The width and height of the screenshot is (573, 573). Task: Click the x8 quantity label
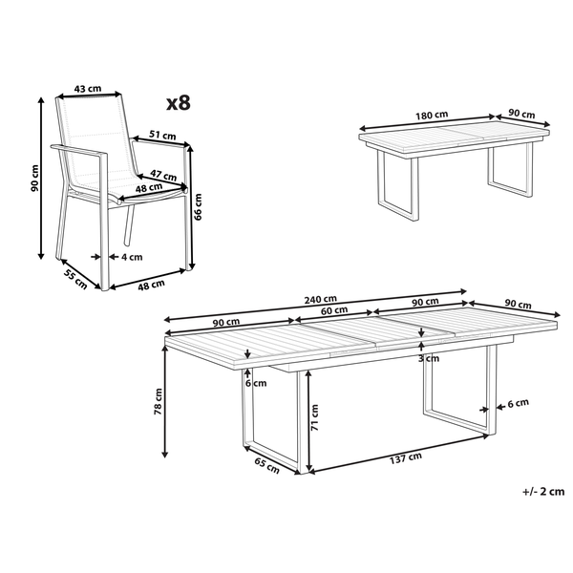(179, 103)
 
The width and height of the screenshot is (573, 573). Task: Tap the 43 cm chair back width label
(88, 89)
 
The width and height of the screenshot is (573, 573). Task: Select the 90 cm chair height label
(34, 178)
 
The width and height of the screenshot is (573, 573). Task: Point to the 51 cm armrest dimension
(162, 135)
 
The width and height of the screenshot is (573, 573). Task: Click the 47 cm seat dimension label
(163, 175)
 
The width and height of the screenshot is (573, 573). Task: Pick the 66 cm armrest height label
(198, 206)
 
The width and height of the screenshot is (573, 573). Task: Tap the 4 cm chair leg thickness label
(132, 257)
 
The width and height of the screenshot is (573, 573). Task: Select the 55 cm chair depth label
(75, 279)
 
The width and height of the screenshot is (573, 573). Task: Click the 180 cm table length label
(432, 116)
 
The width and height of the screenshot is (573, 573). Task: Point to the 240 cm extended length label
(321, 300)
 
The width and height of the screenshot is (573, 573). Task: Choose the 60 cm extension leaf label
(334, 310)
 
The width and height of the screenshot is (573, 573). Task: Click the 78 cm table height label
(158, 401)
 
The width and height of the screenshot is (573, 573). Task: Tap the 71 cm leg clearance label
(314, 417)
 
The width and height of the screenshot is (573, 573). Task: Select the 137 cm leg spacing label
(406, 457)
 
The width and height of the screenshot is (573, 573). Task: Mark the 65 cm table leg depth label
(267, 466)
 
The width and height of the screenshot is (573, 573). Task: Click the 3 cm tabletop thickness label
(429, 358)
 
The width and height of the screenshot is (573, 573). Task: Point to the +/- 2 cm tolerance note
(543, 492)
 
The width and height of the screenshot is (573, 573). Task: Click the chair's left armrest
(79, 151)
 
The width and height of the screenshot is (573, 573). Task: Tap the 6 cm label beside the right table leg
(519, 403)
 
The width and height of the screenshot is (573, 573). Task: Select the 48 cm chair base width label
(151, 285)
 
